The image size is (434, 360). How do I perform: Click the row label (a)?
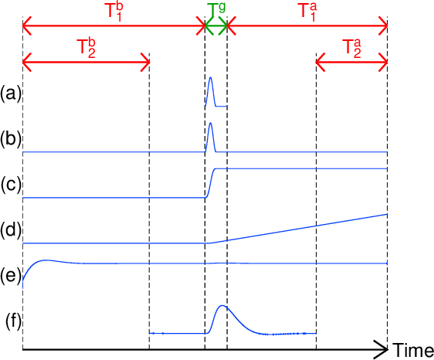(11, 94)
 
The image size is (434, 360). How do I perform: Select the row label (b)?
(11, 139)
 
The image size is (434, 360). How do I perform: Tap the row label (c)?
(11, 185)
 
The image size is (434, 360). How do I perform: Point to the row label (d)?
(11, 229)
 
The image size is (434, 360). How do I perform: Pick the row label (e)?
(11, 276)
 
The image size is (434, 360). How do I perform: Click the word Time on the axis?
(413, 350)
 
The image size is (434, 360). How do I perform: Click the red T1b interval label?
(114, 12)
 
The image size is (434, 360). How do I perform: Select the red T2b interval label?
(86, 49)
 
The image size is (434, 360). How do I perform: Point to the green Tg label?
(216, 11)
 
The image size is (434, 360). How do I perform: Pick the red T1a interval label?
(308, 12)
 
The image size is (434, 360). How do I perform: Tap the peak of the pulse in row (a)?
(211, 77)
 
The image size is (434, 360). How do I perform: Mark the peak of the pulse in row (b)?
(211, 123)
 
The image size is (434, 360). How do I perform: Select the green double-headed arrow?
(216, 26)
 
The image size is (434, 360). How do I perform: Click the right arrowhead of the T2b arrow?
(146, 62)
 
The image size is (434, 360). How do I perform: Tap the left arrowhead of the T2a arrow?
(320, 62)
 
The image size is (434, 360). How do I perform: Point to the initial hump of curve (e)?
(46, 260)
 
